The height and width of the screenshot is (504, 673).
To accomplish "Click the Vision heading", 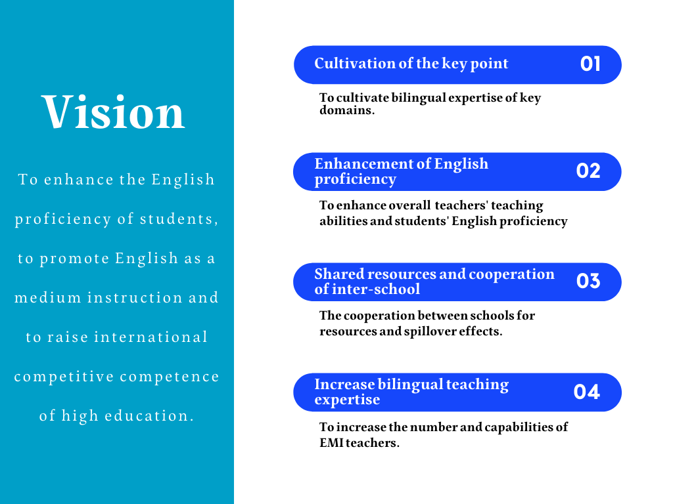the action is [113, 112].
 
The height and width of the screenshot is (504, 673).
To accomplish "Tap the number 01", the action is [590, 64].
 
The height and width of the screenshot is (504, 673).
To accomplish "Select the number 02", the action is [588, 171].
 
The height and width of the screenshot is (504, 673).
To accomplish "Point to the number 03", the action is [588, 281].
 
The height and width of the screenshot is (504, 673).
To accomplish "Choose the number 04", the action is [587, 392].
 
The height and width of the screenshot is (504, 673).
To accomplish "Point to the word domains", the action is [347, 110].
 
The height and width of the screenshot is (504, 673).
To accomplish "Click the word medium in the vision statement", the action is [47, 297].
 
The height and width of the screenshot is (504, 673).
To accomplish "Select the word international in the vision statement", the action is [151, 337].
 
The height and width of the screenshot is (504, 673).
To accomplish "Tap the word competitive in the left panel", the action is [64, 377].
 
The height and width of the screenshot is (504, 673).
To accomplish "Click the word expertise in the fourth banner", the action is [347, 400].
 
